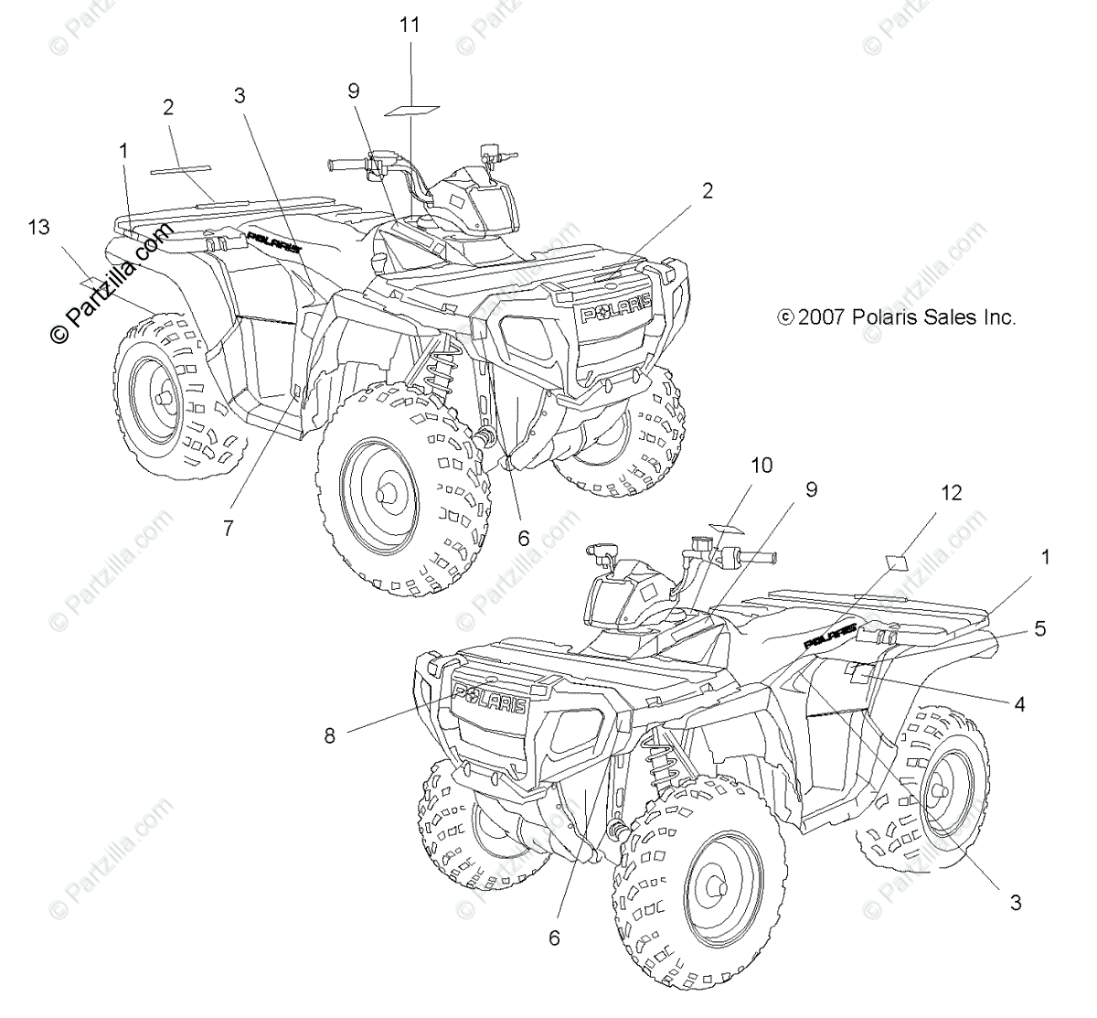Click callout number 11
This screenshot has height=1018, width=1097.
pos(410,26)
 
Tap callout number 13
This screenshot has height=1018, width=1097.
pos(39,227)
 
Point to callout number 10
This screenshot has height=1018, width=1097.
pos(762,466)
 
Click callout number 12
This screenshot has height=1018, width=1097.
pos(952,493)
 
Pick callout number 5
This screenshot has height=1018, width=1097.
pos(1039,628)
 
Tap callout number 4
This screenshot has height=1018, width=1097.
pos(1019,704)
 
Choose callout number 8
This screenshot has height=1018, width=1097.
pos(330,734)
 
